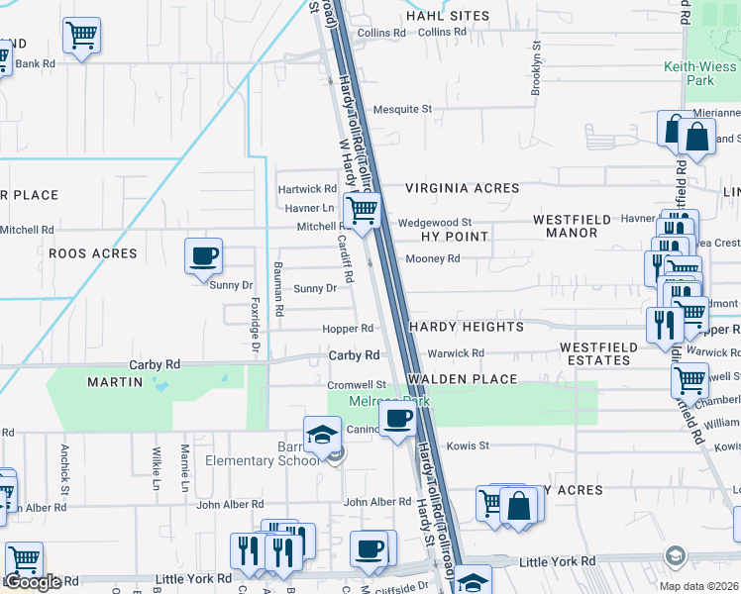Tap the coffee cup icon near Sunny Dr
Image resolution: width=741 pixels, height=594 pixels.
point(203,256)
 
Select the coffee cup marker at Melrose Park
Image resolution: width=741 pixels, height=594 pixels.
point(397,419)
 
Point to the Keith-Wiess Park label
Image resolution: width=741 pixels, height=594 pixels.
point(700,74)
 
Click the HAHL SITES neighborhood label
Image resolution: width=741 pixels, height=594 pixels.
point(448,16)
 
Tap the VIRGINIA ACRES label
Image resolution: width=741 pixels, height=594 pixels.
point(462,188)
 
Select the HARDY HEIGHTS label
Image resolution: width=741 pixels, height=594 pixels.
point(466,327)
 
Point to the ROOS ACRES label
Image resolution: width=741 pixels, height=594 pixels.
point(92,253)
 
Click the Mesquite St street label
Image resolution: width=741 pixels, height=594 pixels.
point(402,109)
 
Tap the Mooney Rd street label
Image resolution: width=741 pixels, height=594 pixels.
point(433,259)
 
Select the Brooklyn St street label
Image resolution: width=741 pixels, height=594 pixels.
point(537,68)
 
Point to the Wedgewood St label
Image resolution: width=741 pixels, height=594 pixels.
point(435,224)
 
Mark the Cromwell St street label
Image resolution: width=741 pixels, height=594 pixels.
point(357,385)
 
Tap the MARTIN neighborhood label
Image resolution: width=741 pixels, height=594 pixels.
point(115,382)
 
